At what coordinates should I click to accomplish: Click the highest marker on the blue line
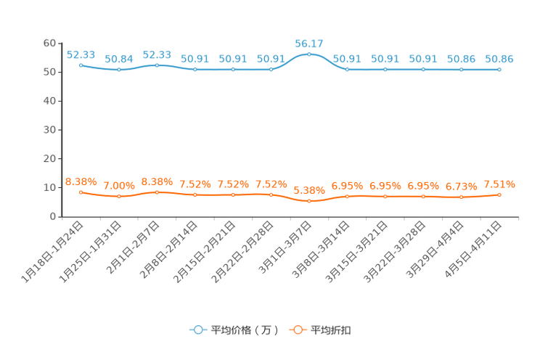(x=309, y=54)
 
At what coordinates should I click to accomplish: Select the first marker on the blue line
(x=81, y=65)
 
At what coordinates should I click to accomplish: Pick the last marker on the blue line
(x=499, y=70)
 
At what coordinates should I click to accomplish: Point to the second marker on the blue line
(x=118, y=70)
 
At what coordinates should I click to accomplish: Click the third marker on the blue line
(x=157, y=65)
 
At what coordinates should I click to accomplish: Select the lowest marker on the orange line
(x=309, y=201)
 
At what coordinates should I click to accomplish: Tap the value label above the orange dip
(x=309, y=190)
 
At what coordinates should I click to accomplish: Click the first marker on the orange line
(x=81, y=192)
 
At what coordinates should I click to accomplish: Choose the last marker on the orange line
(x=499, y=195)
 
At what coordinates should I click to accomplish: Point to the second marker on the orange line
(x=118, y=197)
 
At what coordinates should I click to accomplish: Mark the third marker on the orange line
(x=157, y=192)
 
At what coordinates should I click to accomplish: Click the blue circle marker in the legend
(x=198, y=330)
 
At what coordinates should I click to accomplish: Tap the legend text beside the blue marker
(x=245, y=330)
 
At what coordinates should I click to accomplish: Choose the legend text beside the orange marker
(x=331, y=330)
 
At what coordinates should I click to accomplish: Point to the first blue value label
(x=81, y=54)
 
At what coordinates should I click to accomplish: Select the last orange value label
(x=499, y=184)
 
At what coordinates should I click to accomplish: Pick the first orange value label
(x=81, y=181)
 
